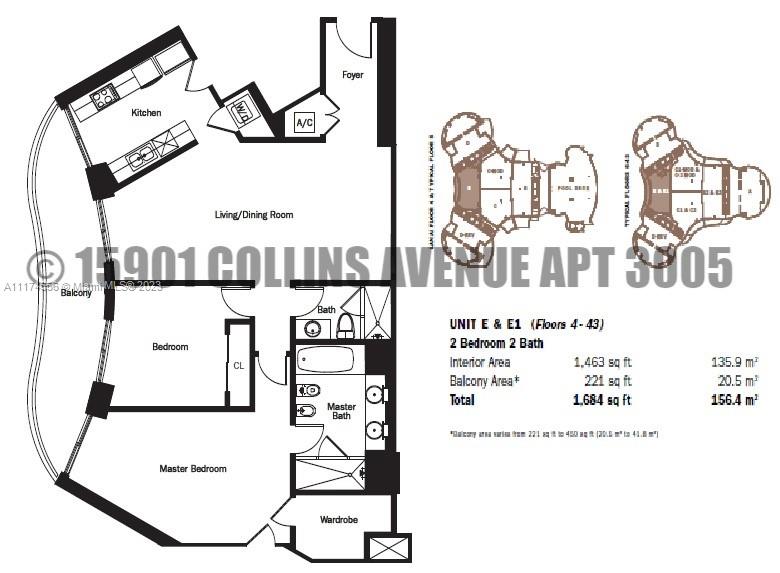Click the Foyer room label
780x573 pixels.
[352, 75]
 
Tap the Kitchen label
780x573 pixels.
[146, 113]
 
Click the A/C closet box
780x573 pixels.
[304, 123]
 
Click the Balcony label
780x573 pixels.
[76, 293]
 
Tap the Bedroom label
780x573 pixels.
[170, 347]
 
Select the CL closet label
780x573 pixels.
[238, 366]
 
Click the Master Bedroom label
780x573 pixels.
[193, 468]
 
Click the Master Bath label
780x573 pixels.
[341, 411]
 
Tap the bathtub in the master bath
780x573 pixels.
[325, 360]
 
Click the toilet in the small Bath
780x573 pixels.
[345, 325]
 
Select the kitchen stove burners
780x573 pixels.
[104, 97]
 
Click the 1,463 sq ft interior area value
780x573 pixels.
[603, 361]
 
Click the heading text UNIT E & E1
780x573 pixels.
[487, 324]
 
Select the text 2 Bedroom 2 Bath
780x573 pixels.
[496, 342]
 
